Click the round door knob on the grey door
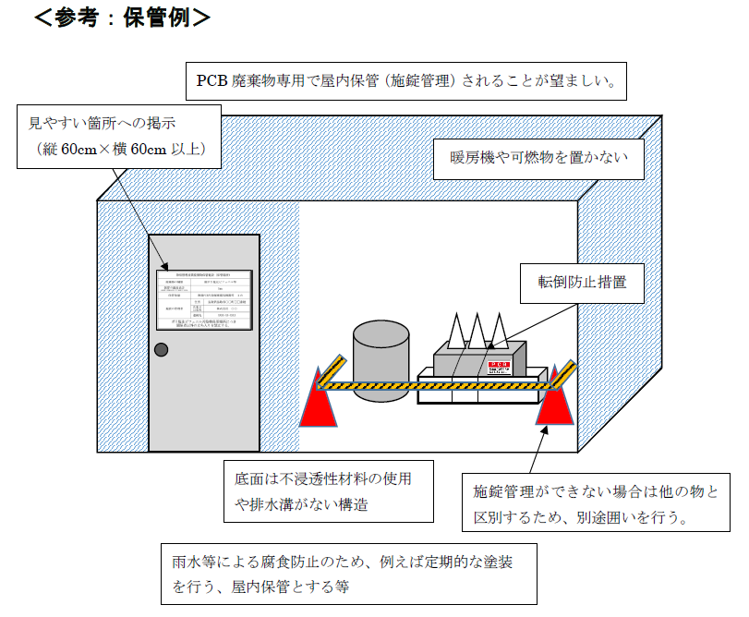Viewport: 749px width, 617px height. click(162, 349)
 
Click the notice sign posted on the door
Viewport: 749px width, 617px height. click(203, 301)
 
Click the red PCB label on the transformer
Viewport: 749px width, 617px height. click(498, 366)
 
